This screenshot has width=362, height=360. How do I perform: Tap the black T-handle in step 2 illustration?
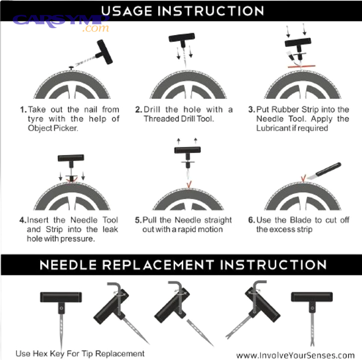pos(181,39)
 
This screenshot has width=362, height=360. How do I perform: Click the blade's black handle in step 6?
pos(328,170)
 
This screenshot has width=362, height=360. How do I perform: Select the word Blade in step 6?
pos(293,220)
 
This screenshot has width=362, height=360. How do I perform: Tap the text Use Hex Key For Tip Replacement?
pos(80,354)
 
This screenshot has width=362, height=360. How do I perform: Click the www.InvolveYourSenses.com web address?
pos(296,355)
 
